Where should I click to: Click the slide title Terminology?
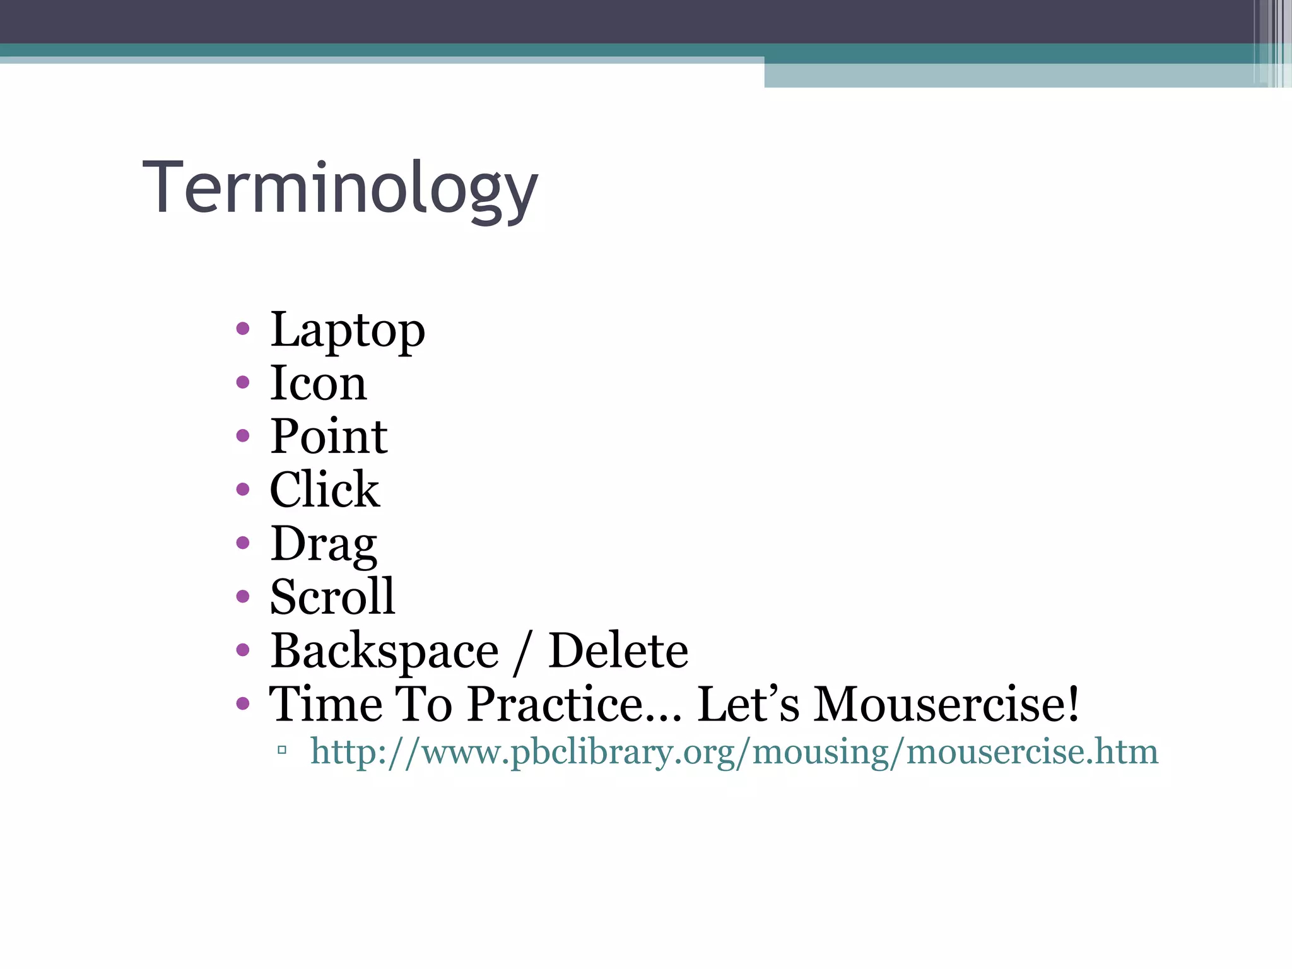(x=341, y=188)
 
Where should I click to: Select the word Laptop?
(x=348, y=330)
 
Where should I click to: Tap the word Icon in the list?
(x=318, y=383)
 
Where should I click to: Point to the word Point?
(x=329, y=437)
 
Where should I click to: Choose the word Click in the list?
(x=324, y=490)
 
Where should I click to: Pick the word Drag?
(x=324, y=544)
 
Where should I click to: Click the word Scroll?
(x=332, y=597)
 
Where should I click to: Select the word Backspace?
(x=384, y=651)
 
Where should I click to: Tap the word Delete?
(x=618, y=651)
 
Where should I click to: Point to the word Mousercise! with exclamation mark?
(x=946, y=704)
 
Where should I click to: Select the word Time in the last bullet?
(x=326, y=704)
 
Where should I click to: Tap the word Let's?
(x=748, y=704)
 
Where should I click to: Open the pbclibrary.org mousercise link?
(x=734, y=752)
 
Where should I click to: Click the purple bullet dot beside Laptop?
(x=243, y=328)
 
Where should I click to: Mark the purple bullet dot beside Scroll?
(x=243, y=596)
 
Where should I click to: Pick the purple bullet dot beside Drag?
(x=243, y=543)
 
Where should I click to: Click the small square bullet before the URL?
(x=282, y=750)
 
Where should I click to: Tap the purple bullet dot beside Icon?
(x=243, y=382)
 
